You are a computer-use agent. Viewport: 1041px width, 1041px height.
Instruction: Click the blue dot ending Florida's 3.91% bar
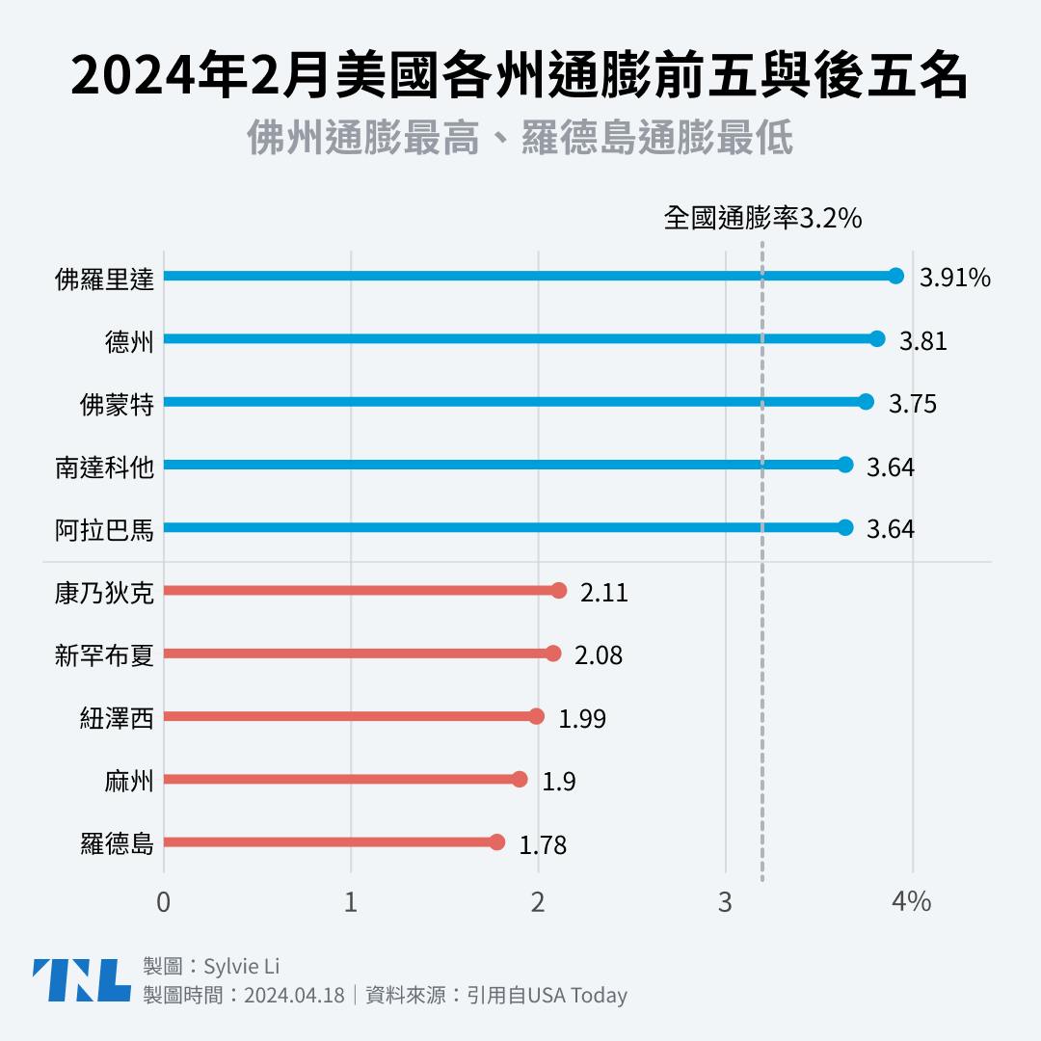895,277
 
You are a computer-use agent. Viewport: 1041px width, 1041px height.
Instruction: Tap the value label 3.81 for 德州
922,341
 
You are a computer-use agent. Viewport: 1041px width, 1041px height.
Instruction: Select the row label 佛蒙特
117,404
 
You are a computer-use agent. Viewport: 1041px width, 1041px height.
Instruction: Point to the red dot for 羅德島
496,842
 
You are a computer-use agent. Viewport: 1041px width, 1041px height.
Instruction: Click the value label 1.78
543,846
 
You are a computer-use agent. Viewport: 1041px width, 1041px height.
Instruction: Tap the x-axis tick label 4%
912,902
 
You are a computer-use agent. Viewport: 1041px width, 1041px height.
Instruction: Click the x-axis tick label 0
164,902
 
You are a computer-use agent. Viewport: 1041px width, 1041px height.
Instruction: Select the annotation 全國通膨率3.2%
761,219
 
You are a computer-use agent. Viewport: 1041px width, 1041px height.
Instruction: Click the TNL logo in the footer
81,980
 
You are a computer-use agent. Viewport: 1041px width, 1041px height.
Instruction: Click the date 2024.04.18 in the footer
294,996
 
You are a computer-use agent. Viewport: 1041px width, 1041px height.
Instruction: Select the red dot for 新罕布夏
552,654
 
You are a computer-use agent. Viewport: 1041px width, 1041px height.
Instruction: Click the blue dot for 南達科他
844,465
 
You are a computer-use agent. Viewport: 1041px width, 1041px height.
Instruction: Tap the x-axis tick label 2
538,902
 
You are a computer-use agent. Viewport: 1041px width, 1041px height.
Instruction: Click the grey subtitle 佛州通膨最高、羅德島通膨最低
520,139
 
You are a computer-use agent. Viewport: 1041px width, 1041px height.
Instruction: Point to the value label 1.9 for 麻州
559,782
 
